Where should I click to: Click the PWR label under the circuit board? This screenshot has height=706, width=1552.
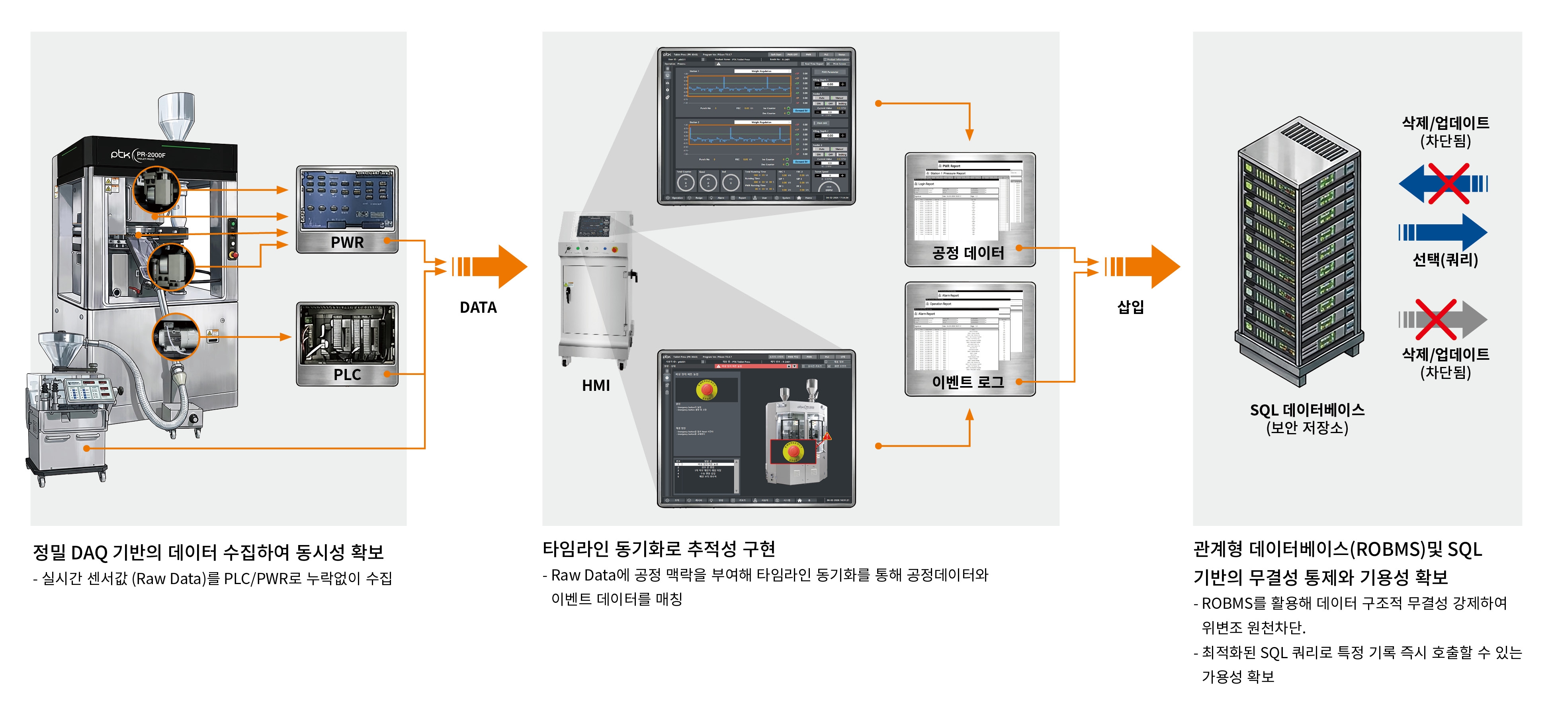(347, 242)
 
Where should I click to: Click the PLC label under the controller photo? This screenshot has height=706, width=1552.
(347, 375)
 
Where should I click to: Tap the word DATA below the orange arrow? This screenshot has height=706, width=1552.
(478, 308)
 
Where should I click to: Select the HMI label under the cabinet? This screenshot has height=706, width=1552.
(595, 385)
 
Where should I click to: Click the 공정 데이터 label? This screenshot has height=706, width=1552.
(968, 253)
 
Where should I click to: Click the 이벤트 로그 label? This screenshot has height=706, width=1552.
(968, 382)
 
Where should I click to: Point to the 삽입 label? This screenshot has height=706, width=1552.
(1130, 307)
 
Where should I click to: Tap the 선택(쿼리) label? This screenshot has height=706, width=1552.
(1445, 260)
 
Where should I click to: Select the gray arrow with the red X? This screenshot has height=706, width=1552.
(1443, 320)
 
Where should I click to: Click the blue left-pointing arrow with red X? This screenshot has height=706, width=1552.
(1443, 183)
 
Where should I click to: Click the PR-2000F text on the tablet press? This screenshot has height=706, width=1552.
(151, 155)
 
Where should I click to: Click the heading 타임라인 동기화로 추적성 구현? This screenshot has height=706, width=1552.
(659, 549)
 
